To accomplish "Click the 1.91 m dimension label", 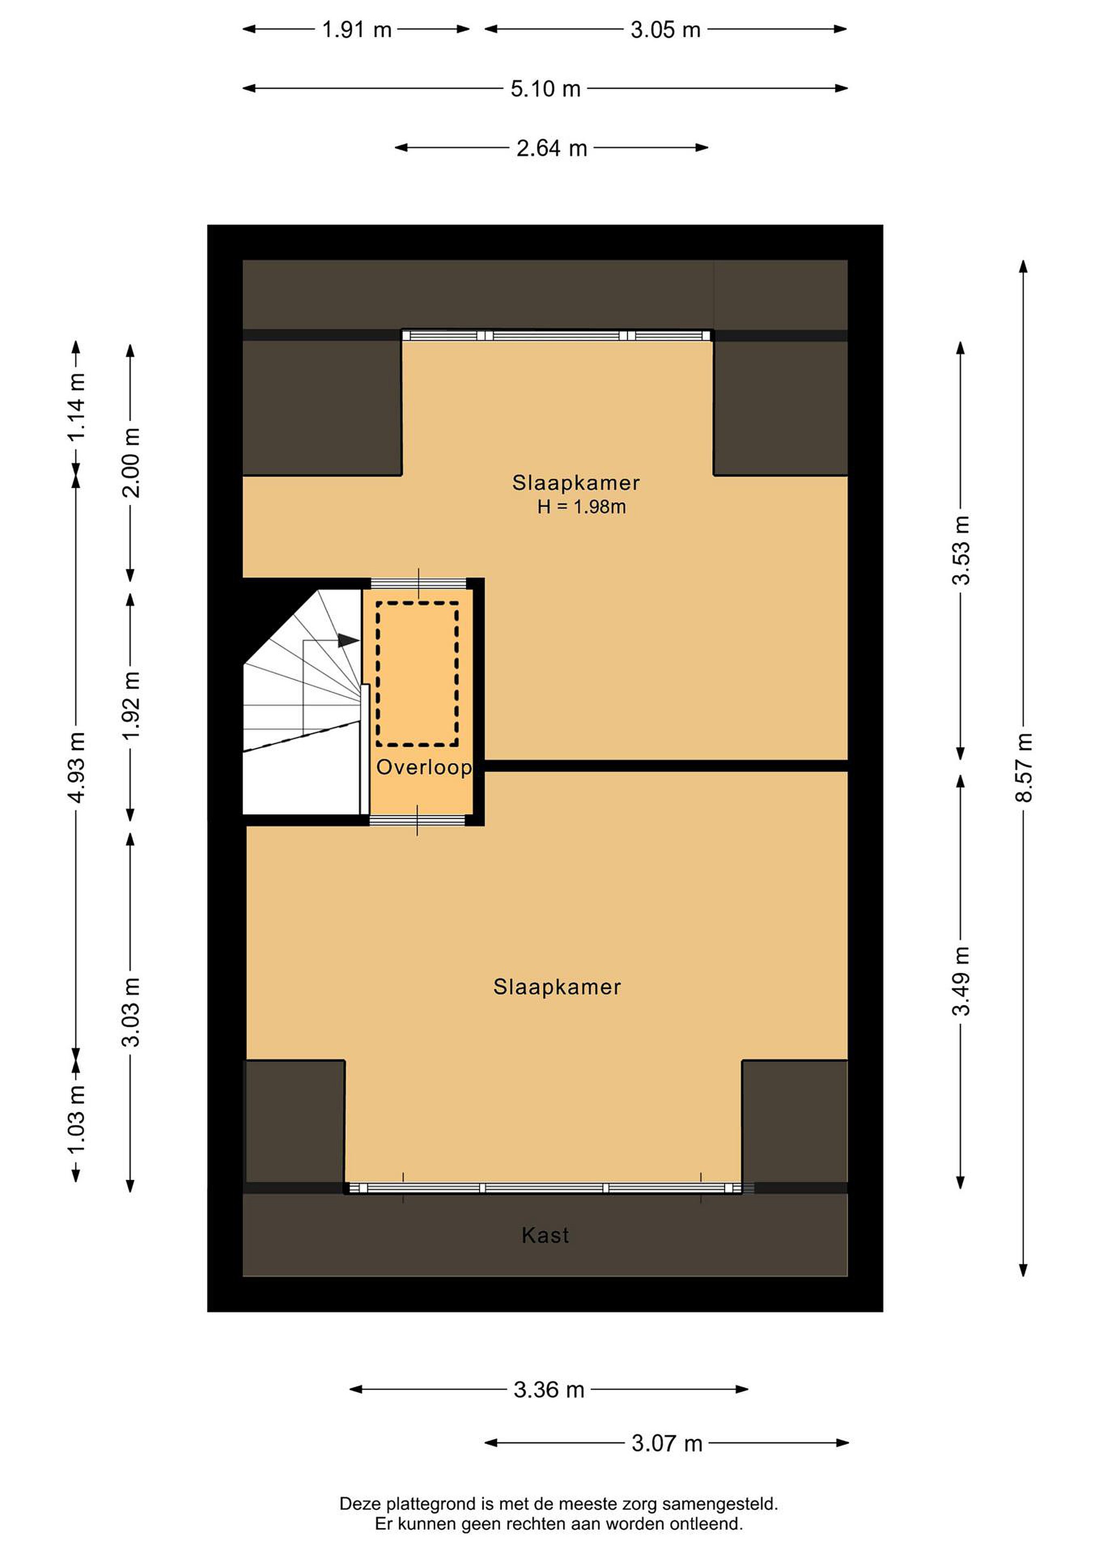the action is [x=357, y=30].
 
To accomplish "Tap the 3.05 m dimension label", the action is [x=665, y=30].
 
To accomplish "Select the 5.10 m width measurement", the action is [x=545, y=88].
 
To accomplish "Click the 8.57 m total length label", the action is [x=1023, y=767].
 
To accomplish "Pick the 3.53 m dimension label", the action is [x=961, y=550].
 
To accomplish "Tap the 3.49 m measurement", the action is [x=961, y=981].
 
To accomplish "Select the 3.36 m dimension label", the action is [x=549, y=1389].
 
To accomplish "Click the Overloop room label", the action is [x=424, y=767].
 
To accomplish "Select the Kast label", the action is [x=545, y=1235].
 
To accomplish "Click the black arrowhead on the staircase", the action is [x=349, y=639].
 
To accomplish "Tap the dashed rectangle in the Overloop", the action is [x=377, y=674].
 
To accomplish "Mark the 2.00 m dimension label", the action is [x=131, y=463].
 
